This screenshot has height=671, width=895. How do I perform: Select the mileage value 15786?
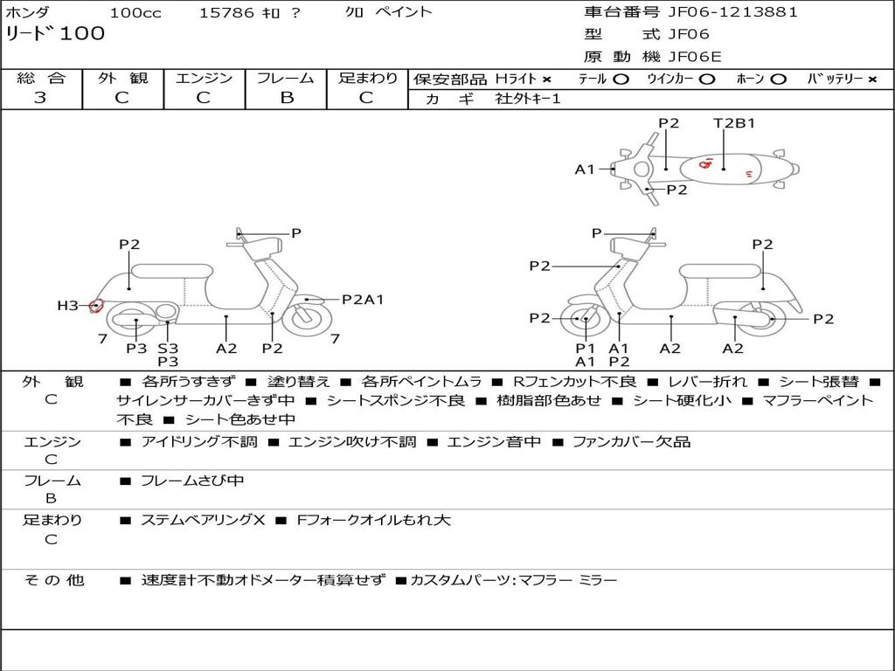tap(226, 13)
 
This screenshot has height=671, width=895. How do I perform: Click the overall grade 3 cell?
tap(40, 98)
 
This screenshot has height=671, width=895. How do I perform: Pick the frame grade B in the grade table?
tap(286, 98)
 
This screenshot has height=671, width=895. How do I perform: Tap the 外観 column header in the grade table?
tap(122, 79)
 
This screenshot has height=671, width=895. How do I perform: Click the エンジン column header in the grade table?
tap(204, 79)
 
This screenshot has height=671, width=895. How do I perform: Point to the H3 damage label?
tap(68, 306)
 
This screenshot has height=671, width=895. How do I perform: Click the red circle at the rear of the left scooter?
tap(96, 306)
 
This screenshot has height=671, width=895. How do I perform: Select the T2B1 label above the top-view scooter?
tap(734, 123)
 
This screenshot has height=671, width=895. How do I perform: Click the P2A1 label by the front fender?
tap(363, 300)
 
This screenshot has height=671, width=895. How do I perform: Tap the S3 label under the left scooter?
tap(168, 348)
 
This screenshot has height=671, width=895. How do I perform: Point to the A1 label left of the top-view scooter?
tap(584, 169)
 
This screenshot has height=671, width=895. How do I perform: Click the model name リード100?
tap(55, 34)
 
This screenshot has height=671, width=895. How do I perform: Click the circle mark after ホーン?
tap(779, 80)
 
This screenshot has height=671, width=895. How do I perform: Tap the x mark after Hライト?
tap(546, 80)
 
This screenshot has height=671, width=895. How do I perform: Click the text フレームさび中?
tap(192, 481)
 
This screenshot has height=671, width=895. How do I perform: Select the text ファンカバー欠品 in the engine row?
tap(631, 441)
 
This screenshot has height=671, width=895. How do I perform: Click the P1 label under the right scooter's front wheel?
tap(585, 348)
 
